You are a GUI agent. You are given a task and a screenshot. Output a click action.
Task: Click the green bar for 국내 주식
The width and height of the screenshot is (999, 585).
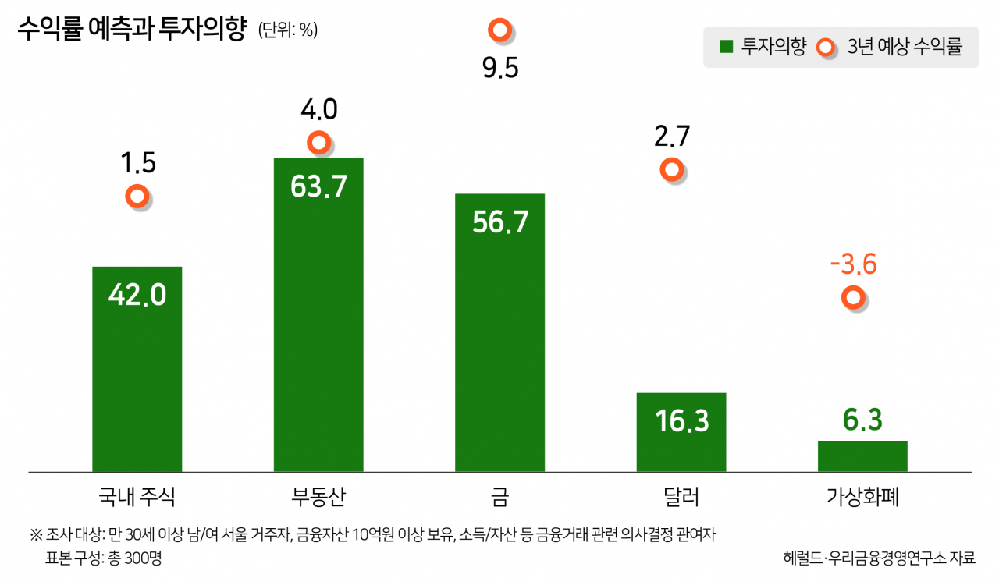click(137, 369)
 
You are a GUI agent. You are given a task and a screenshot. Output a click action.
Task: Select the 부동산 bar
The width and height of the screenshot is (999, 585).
click(318, 315)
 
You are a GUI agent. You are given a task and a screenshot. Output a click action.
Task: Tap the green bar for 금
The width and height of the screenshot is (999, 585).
click(500, 332)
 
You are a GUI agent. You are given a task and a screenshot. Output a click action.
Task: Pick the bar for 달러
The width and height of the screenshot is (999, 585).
click(681, 432)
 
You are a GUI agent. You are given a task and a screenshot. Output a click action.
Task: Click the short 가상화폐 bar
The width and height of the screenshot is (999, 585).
click(862, 456)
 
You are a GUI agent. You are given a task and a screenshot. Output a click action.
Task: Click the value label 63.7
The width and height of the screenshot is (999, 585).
click(318, 186)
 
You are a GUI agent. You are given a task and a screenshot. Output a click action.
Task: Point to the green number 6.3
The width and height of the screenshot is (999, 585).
click(862, 420)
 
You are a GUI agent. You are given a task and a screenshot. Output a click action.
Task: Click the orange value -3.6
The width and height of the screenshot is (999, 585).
click(853, 264)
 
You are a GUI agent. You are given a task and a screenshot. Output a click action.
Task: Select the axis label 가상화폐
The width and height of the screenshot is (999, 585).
click(862, 497)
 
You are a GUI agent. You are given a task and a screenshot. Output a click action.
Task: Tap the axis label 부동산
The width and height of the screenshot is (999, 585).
click(318, 497)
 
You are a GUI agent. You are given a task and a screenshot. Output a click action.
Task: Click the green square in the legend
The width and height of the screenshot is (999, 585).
click(727, 46)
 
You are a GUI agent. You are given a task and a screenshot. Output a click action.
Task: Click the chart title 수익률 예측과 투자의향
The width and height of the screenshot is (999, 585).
click(132, 29)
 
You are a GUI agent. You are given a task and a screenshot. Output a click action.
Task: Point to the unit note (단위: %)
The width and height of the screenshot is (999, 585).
click(288, 30)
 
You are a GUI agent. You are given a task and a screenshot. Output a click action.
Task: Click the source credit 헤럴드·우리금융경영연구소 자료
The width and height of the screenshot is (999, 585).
click(879, 558)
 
